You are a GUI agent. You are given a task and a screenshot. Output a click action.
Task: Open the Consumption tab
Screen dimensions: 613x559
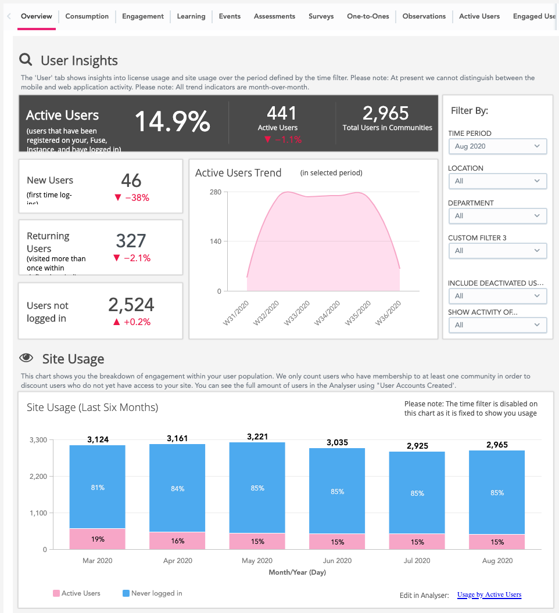[x=87, y=16]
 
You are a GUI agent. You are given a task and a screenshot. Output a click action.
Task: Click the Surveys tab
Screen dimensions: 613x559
[x=321, y=16]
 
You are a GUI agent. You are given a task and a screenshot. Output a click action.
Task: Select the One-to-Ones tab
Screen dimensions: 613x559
[x=368, y=16]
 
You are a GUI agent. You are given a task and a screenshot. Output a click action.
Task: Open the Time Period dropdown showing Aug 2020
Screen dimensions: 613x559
[x=497, y=146]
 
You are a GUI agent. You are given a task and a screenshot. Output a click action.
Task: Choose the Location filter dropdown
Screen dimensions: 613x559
[x=497, y=181]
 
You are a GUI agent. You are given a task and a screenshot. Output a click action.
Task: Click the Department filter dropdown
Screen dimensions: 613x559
[x=497, y=216]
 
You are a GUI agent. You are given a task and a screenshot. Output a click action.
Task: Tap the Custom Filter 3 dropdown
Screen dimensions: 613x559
[x=497, y=251]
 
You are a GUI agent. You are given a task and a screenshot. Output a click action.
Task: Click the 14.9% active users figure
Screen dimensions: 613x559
[x=172, y=122]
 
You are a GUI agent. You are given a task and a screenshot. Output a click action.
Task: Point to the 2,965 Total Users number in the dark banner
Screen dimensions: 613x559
[x=385, y=113]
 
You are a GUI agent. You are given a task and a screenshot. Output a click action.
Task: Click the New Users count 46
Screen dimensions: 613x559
[x=131, y=181]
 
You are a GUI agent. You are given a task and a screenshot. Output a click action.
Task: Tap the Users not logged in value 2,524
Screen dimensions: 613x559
[x=131, y=305]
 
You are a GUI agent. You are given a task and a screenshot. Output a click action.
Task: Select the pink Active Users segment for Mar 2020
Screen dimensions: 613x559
[x=98, y=539]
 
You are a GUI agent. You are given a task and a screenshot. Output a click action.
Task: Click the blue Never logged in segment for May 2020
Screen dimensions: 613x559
[x=257, y=488]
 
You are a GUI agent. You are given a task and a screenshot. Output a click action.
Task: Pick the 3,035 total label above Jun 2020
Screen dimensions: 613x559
[x=336, y=442]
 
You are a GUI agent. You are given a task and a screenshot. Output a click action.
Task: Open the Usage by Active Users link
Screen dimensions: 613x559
[x=489, y=594]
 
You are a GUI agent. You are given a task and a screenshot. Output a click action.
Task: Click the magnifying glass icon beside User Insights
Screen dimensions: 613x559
[x=26, y=60]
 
